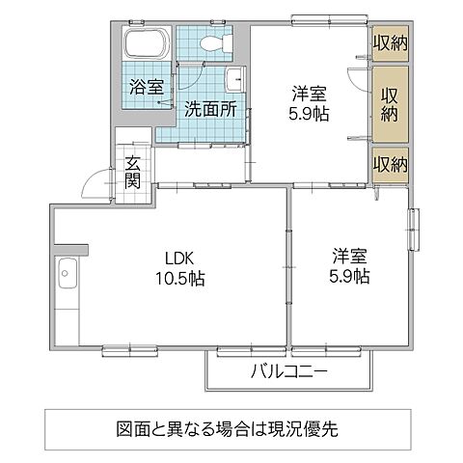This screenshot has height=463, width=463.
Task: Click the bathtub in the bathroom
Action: (x=149, y=45)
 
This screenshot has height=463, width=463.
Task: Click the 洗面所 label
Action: (x=209, y=109)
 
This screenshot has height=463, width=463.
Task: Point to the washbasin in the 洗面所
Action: (x=235, y=79)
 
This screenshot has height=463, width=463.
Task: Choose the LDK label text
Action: (x=178, y=258)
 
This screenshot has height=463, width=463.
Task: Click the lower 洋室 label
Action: (x=350, y=257)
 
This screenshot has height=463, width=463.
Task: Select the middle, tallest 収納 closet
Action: (x=391, y=101)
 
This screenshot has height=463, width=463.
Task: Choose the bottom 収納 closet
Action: (x=391, y=162)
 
